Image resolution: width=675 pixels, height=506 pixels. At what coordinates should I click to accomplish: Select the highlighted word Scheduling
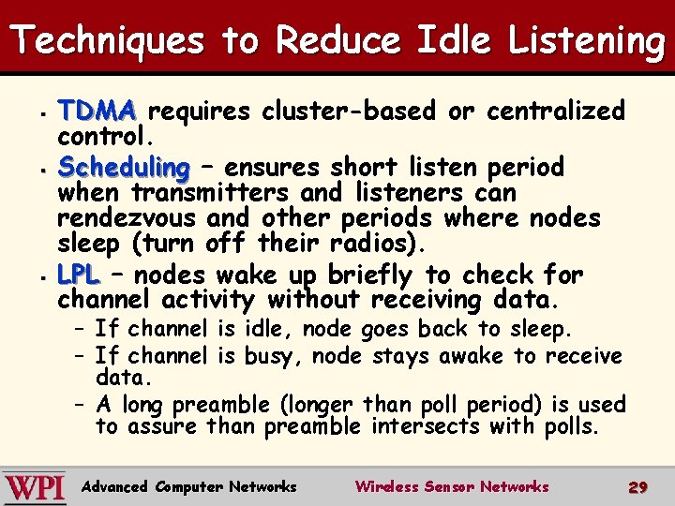pos(123,169)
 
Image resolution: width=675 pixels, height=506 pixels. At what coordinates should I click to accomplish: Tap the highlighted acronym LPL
pos(78,275)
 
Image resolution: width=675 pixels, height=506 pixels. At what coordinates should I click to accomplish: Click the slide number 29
pos(637,487)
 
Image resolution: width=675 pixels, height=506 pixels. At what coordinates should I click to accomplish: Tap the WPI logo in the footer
pos(35,487)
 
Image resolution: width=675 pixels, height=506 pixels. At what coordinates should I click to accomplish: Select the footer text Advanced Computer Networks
pos(189,487)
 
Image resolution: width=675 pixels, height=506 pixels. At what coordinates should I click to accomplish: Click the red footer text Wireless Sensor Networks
pos(451,487)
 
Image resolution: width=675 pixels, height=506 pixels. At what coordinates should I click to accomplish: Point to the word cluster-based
pos(349,112)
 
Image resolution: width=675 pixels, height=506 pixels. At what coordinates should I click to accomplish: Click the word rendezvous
pos(127,218)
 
